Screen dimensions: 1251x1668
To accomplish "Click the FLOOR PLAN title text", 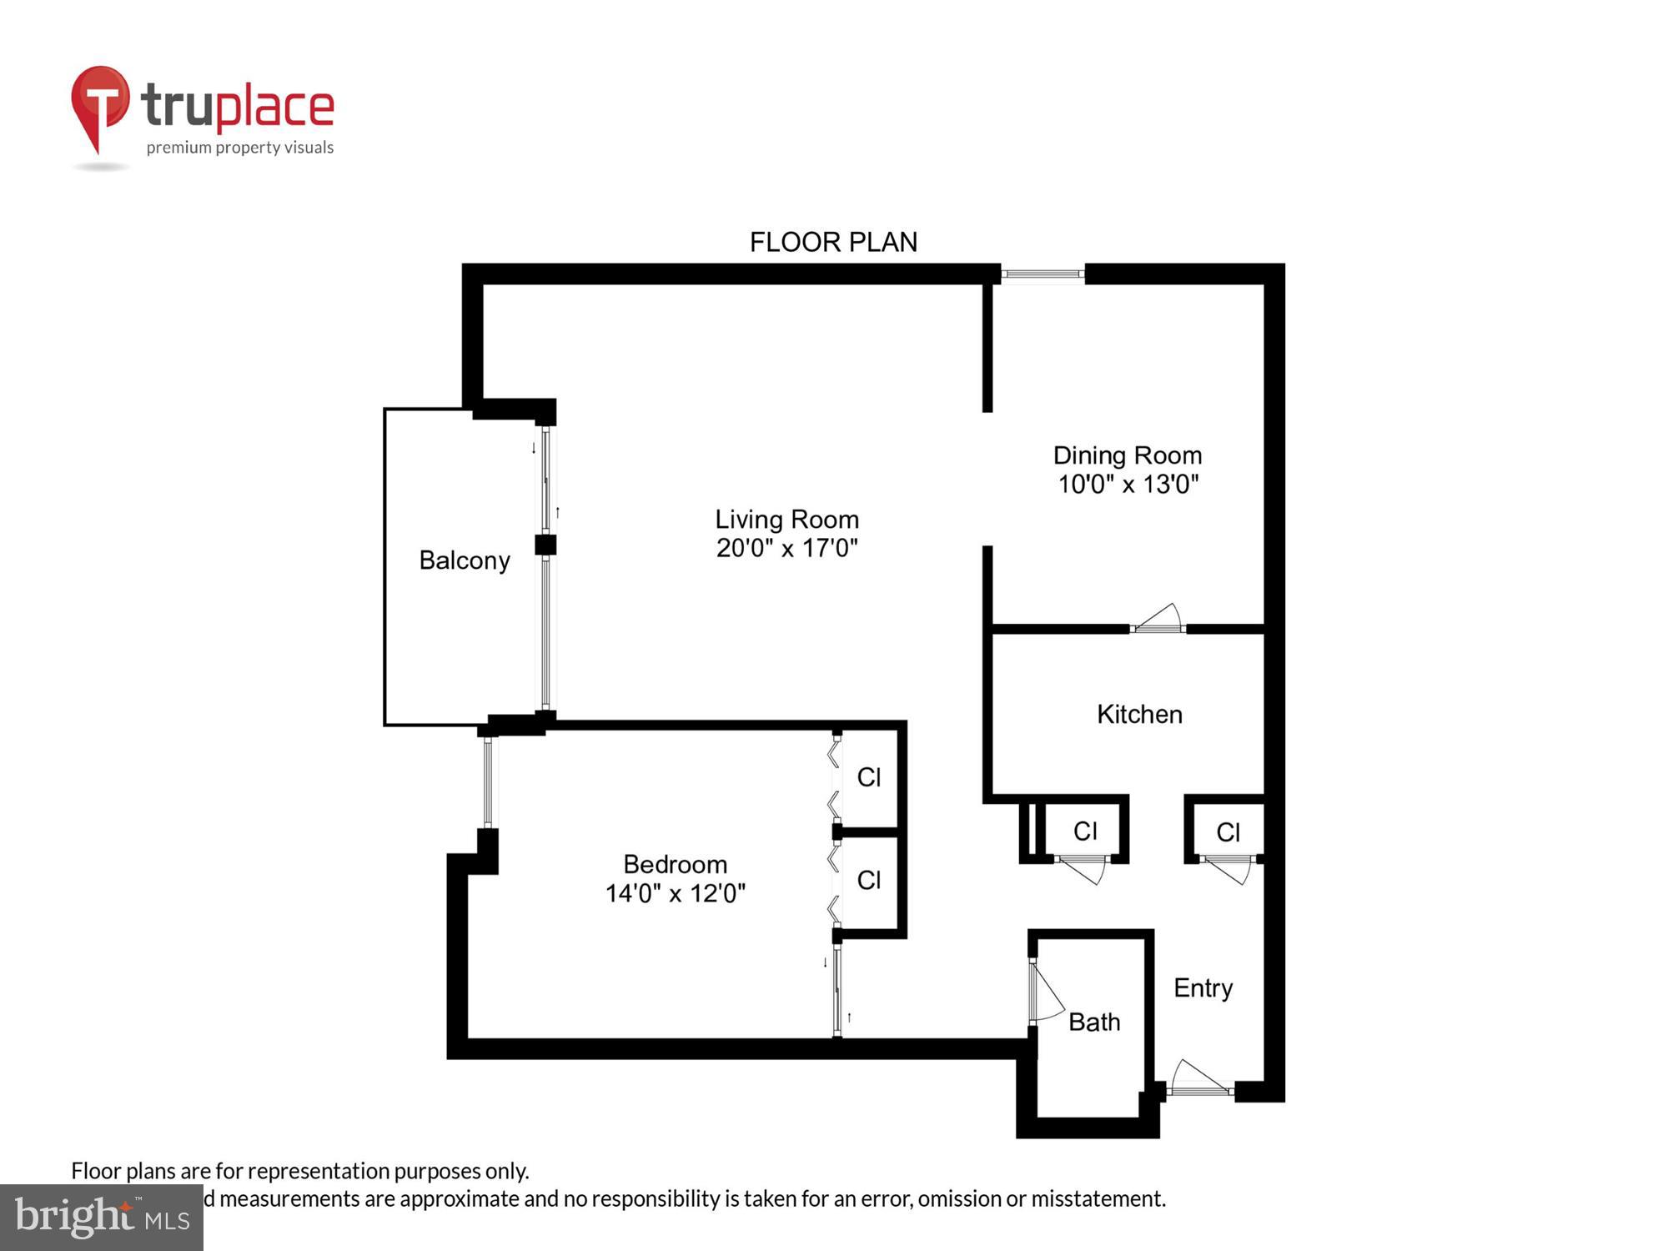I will tap(833, 242).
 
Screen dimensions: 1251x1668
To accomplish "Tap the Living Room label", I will tap(786, 520).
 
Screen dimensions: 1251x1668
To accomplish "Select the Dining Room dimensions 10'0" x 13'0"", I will tap(1128, 484).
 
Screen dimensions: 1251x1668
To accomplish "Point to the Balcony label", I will tap(465, 560).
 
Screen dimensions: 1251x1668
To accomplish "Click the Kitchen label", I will tap(1139, 715).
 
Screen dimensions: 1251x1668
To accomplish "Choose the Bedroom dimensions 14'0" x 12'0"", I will tap(675, 893).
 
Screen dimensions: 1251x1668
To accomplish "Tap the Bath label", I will tap(1094, 1022).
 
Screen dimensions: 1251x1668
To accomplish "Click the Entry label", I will tap(1203, 987).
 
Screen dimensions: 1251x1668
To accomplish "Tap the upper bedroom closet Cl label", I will tap(869, 777).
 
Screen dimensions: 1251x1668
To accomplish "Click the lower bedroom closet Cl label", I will tap(869, 880).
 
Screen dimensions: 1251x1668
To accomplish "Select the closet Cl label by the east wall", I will tap(1228, 831).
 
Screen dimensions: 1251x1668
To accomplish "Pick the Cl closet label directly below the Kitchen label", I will tap(1085, 831).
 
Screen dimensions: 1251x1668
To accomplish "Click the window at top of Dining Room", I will tap(1042, 274).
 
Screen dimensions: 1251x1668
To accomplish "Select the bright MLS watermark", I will tap(102, 1217).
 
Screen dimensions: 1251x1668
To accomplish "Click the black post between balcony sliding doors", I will tap(545, 545).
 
